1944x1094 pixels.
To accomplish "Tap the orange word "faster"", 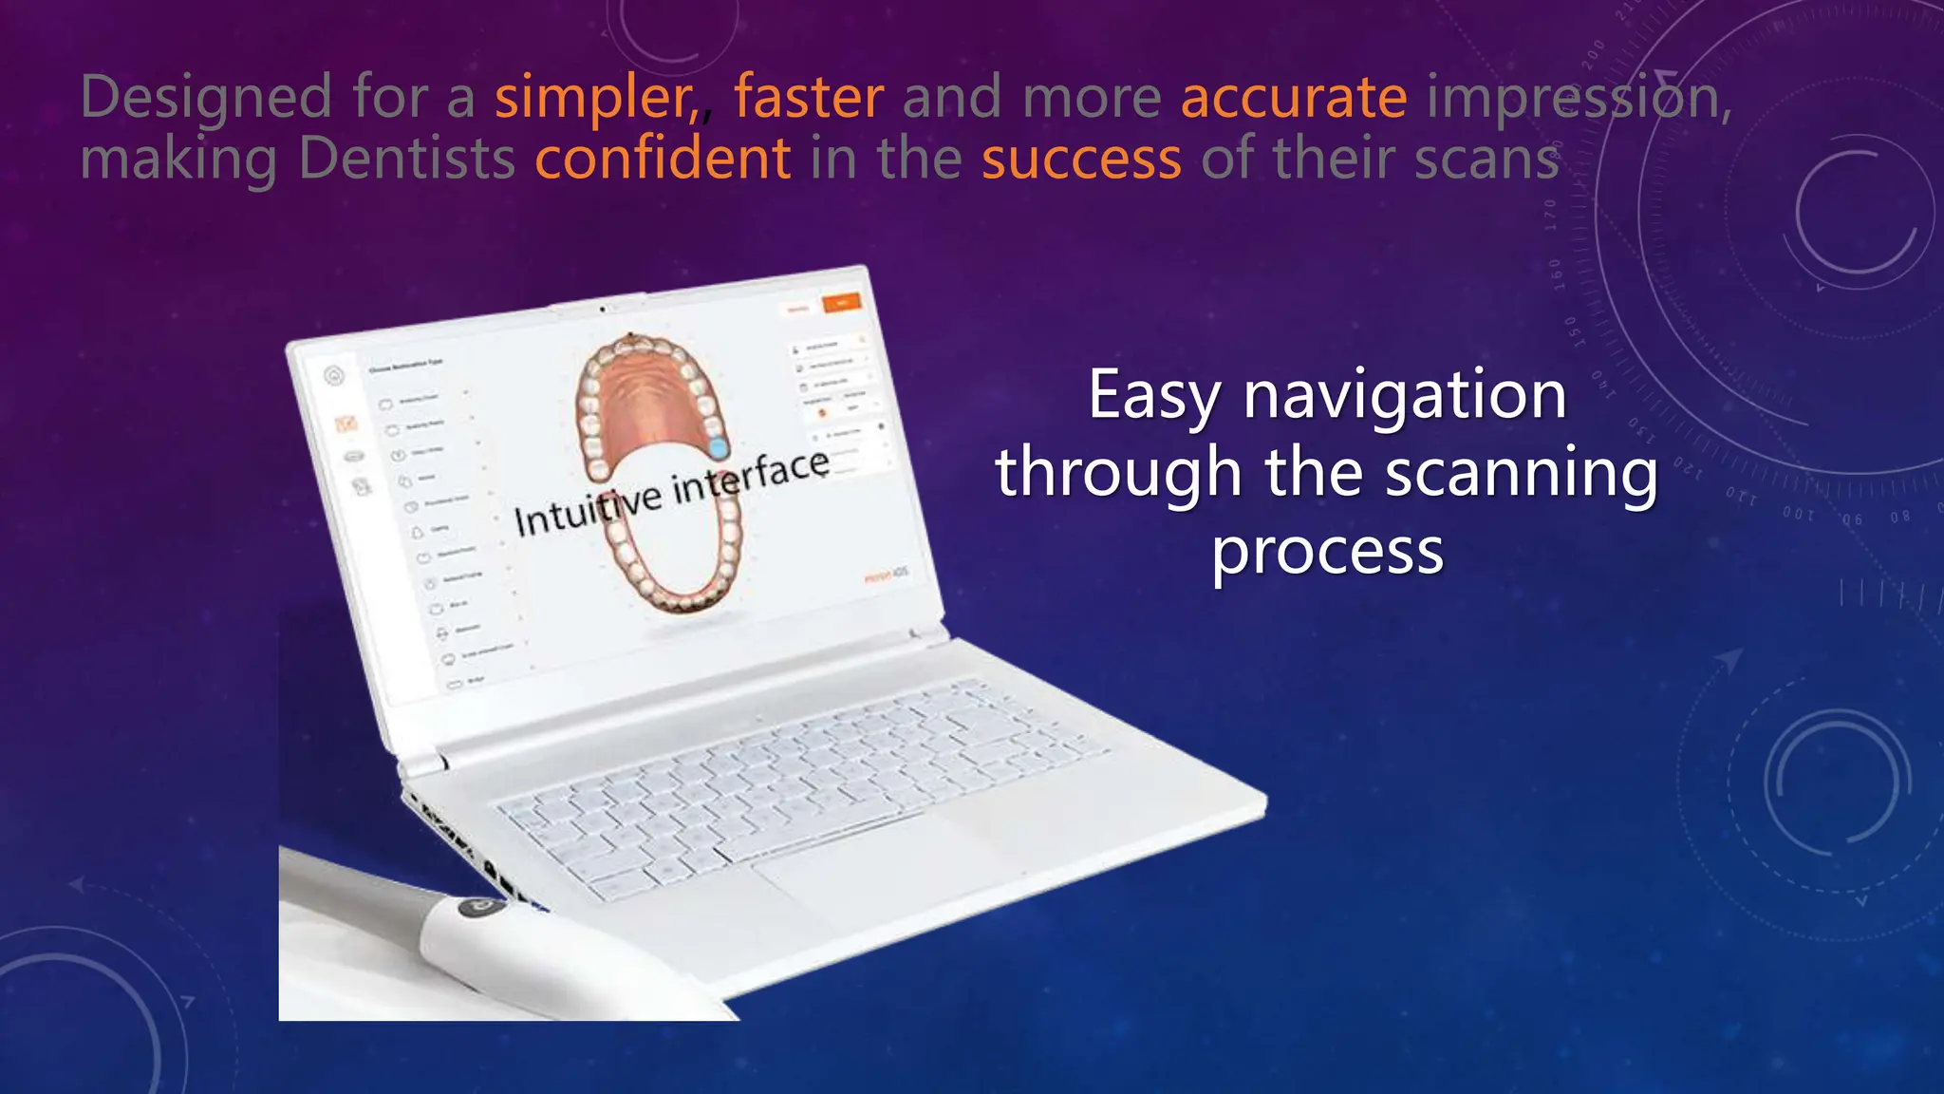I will tap(808, 98).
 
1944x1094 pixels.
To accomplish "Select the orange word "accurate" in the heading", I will tap(1293, 98).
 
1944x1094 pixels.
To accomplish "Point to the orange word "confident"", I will tap(662, 159).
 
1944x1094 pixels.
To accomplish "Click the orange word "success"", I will tap(1081, 159).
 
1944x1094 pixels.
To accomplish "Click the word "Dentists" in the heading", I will tap(406, 159).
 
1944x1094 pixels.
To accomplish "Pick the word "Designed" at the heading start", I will tap(205, 98).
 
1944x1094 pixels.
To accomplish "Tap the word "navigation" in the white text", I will tap(1404, 395).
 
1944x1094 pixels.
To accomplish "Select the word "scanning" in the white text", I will tap(1521, 472).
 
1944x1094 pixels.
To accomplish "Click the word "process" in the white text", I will tap(1327, 550).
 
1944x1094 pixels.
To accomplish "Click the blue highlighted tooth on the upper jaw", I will tap(719, 447).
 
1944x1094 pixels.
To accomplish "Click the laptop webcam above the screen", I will tap(602, 310).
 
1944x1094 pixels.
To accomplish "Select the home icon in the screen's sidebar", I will tap(333, 376).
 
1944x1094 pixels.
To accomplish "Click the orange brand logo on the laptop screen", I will tap(885, 575).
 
